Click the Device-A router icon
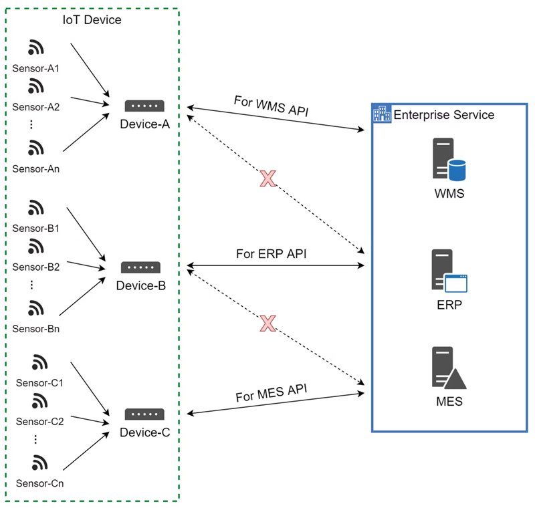(x=144, y=106)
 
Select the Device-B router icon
(x=140, y=267)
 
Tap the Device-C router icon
(x=144, y=414)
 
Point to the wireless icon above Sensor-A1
(x=36, y=48)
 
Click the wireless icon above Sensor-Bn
(x=36, y=308)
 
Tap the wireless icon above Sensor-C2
(x=39, y=401)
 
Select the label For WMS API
(x=271, y=105)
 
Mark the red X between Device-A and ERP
(x=267, y=178)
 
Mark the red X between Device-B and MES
(x=267, y=324)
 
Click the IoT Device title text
(x=92, y=20)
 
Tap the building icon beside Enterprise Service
(x=381, y=114)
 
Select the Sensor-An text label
(x=36, y=169)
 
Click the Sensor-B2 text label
(x=36, y=267)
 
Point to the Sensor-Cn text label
(x=39, y=483)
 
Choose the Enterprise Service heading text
(x=443, y=115)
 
